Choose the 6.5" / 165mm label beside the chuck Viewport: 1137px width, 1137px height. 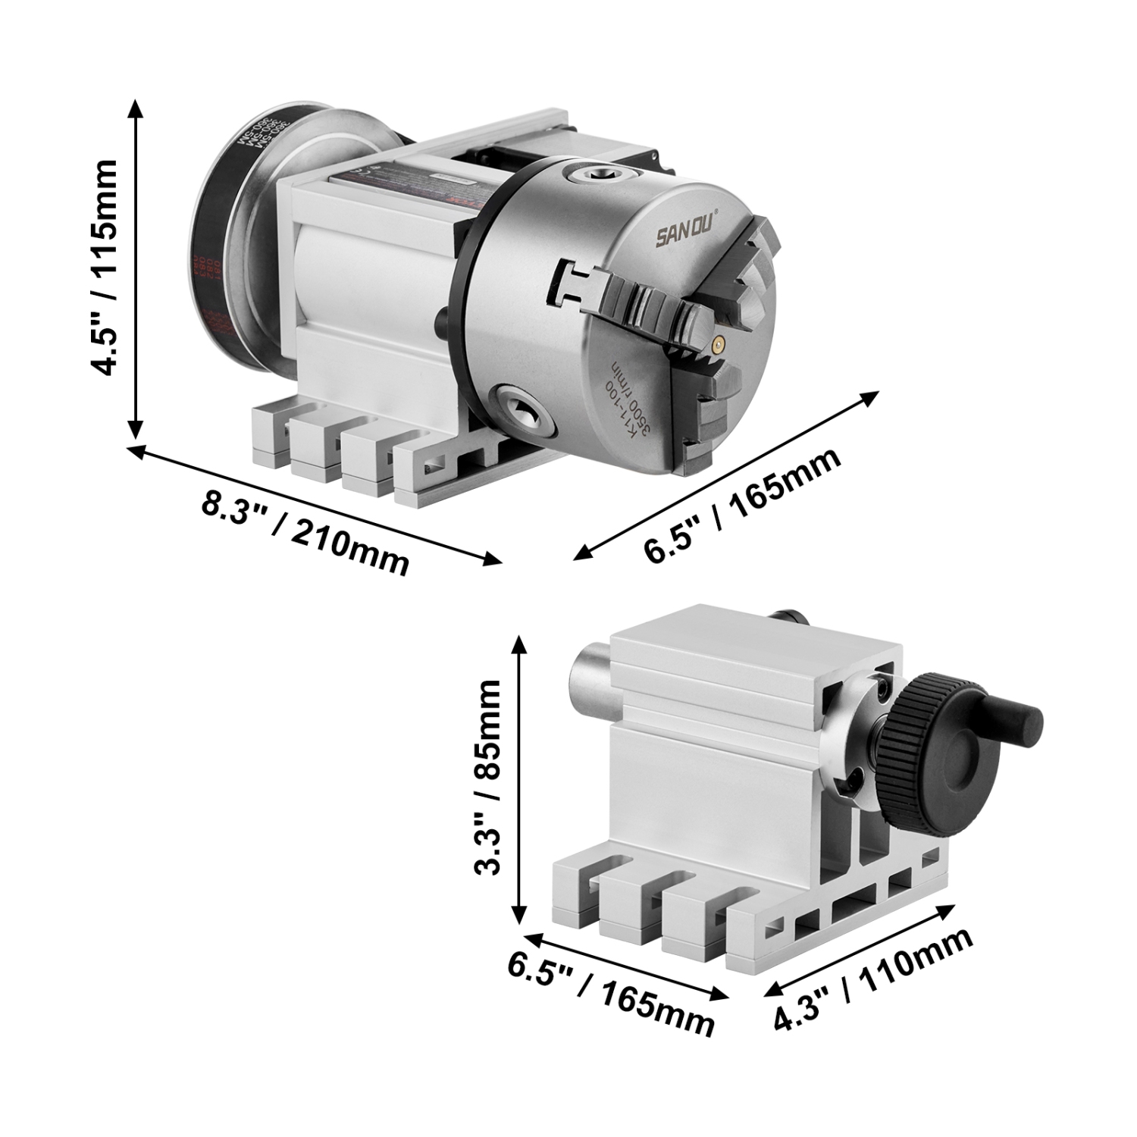click(x=743, y=506)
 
